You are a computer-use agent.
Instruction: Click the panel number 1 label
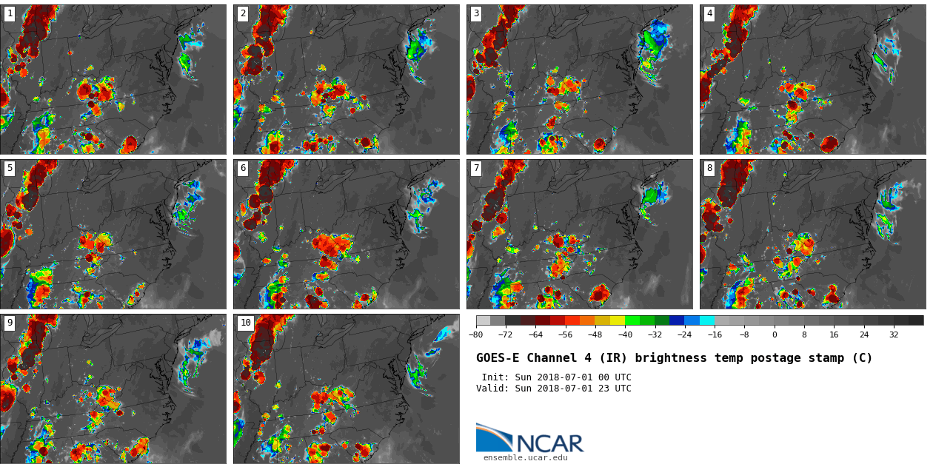(x=10, y=14)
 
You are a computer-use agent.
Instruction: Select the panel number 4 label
(x=709, y=14)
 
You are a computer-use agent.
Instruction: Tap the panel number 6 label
(x=243, y=169)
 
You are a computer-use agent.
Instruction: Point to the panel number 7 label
(x=476, y=169)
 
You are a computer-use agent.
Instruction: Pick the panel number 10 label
(x=245, y=323)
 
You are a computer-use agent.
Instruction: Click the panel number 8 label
(x=709, y=169)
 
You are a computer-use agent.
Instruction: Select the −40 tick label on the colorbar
(x=625, y=334)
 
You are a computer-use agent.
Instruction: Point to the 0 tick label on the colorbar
(x=775, y=334)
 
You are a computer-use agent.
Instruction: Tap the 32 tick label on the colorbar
(x=894, y=334)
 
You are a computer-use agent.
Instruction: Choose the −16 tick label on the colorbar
(x=715, y=334)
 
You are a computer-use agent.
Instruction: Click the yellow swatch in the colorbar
(x=617, y=320)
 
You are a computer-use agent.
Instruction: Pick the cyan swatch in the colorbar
(x=707, y=320)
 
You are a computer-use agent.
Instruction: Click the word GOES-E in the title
(x=495, y=358)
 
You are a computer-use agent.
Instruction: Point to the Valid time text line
(x=554, y=389)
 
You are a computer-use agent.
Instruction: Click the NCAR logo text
(x=549, y=443)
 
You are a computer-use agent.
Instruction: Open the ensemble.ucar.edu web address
(x=526, y=458)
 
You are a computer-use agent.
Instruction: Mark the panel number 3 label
(x=476, y=14)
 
